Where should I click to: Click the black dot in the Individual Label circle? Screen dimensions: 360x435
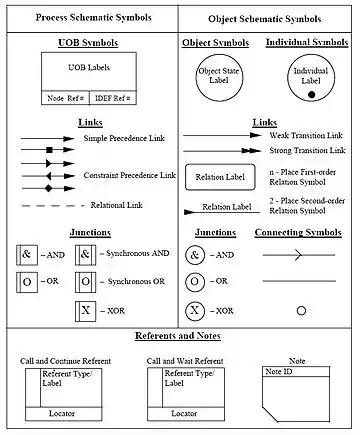(311, 95)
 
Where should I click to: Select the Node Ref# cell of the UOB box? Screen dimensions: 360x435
(65, 98)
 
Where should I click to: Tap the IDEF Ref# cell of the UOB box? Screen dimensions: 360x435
(113, 98)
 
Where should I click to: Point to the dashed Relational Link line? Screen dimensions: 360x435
(53, 206)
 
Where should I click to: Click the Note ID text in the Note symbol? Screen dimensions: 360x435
(279, 372)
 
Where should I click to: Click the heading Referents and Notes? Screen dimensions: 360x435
(178, 336)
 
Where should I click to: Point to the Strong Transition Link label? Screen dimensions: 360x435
(307, 150)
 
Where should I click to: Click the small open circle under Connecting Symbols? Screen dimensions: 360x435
(301, 311)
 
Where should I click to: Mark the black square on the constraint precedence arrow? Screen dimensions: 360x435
(49, 150)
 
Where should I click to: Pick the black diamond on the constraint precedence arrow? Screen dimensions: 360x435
(49, 189)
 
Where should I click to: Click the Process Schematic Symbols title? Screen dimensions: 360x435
(93, 18)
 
